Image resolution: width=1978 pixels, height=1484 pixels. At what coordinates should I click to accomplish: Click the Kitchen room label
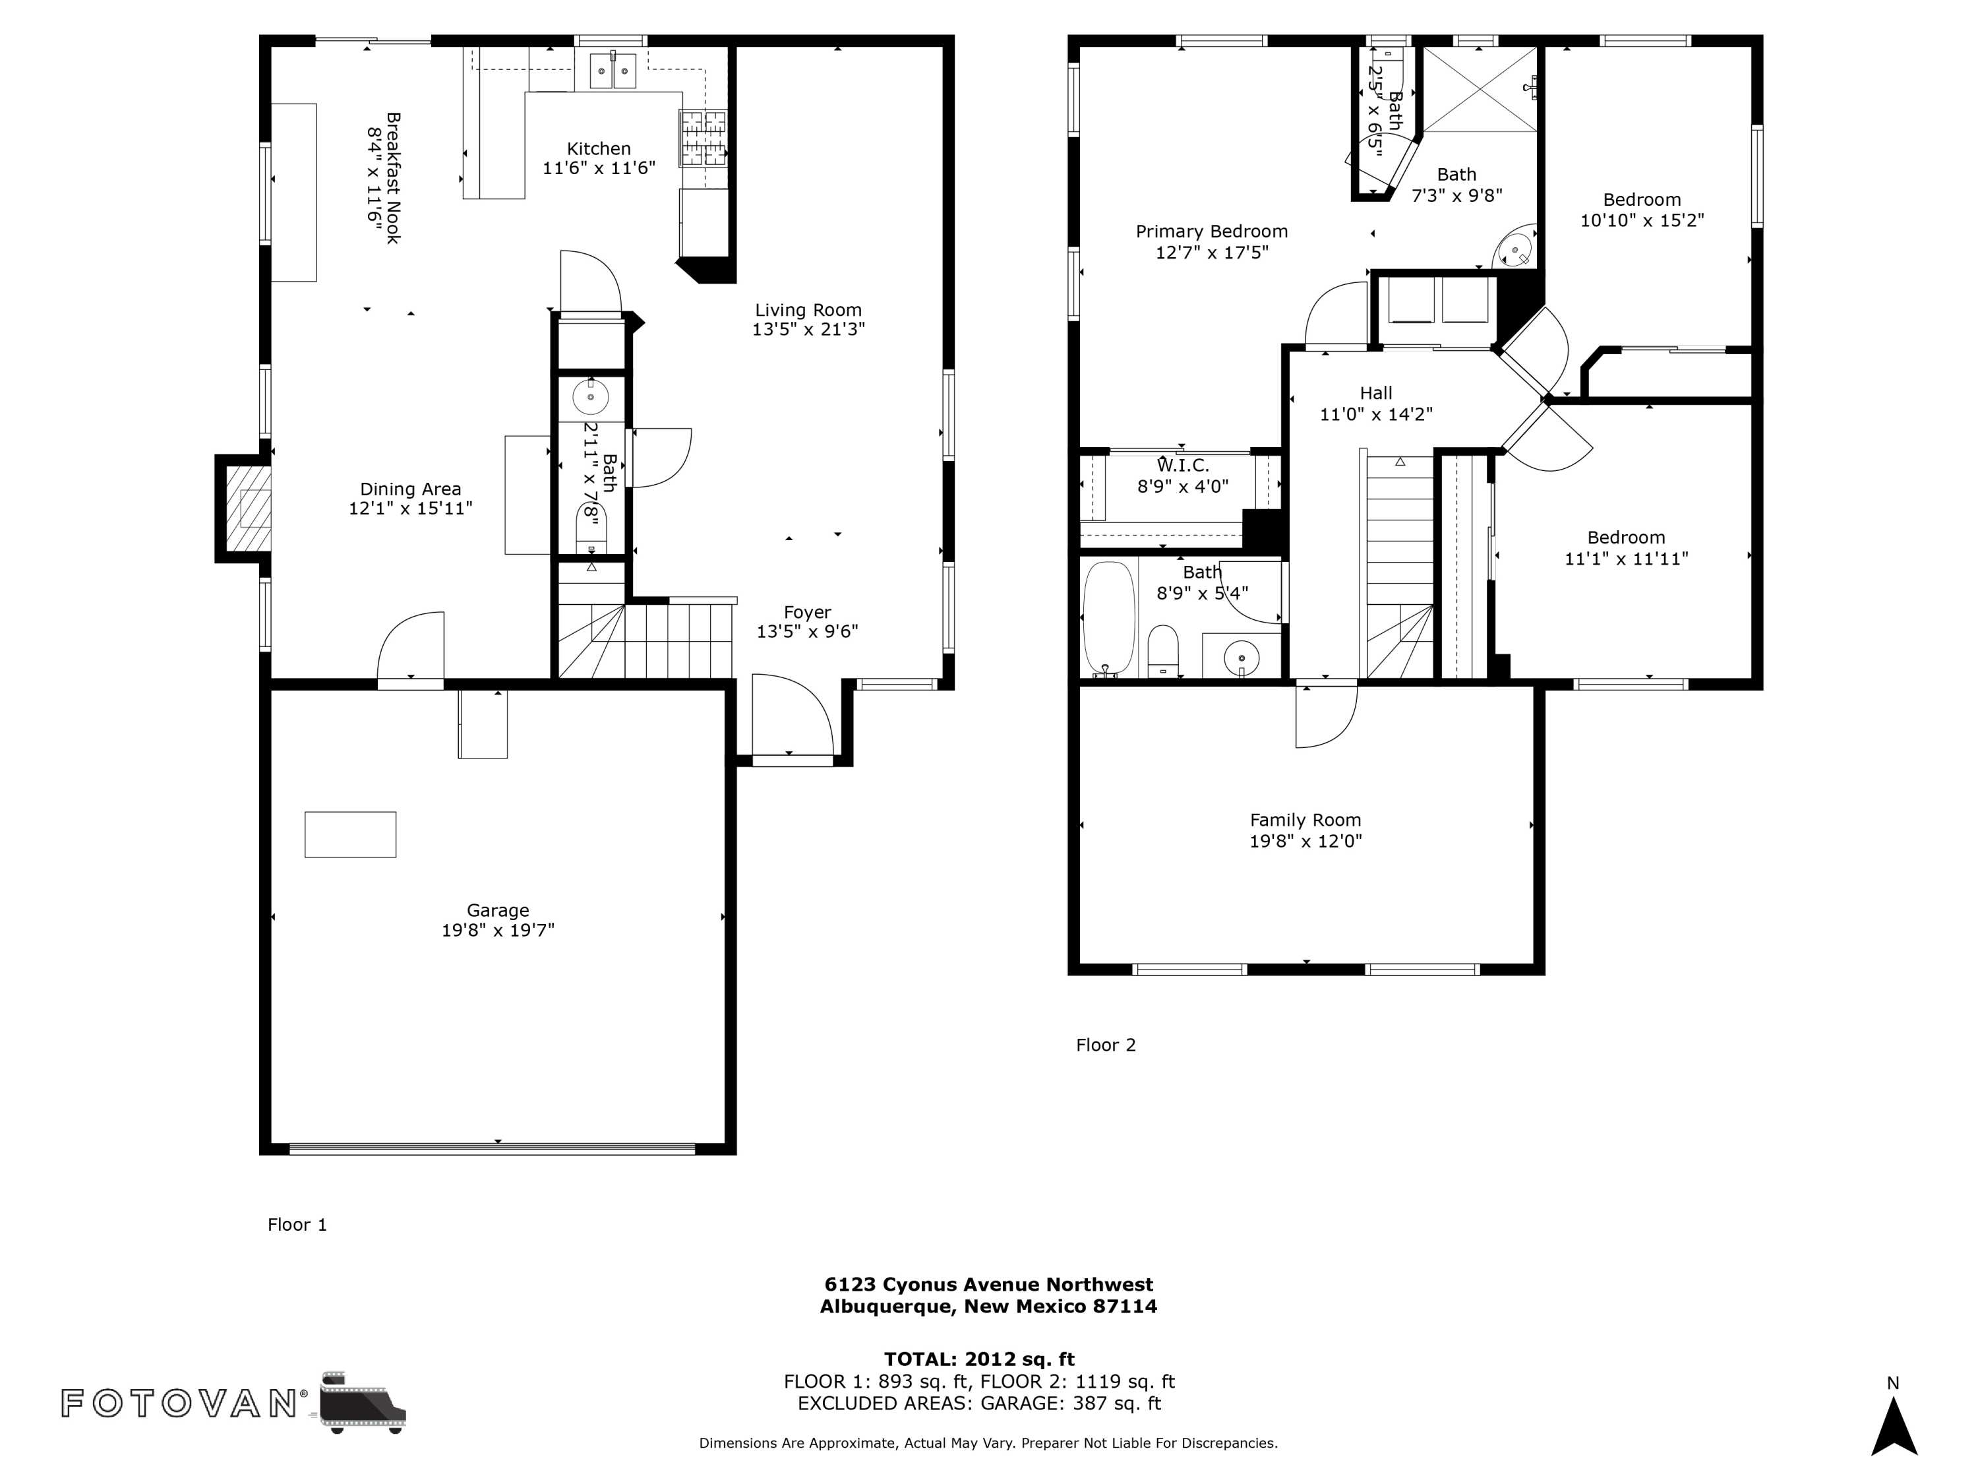click(x=598, y=148)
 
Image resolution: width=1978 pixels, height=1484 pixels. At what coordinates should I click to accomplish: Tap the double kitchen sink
click(x=613, y=70)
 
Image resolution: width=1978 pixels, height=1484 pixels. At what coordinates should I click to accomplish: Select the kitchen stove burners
click(x=703, y=139)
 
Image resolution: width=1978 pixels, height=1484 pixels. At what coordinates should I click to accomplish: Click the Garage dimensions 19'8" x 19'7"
click(x=498, y=930)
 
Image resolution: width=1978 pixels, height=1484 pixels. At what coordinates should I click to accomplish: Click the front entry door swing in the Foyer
click(x=793, y=715)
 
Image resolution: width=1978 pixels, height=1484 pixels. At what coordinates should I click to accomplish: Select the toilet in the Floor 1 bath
click(x=591, y=530)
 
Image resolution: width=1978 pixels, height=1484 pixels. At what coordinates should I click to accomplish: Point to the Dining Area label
click(x=411, y=489)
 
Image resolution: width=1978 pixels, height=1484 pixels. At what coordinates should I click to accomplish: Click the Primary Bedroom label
click(x=1212, y=232)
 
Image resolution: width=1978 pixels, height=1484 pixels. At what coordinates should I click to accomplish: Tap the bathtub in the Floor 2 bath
click(x=1109, y=617)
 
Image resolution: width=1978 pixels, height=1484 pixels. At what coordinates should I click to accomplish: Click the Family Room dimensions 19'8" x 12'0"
click(x=1305, y=841)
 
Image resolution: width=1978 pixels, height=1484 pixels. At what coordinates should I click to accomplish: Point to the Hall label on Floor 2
click(x=1376, y=392)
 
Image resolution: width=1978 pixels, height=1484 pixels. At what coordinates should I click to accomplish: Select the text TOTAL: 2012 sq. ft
click(x=979, y=1359)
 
